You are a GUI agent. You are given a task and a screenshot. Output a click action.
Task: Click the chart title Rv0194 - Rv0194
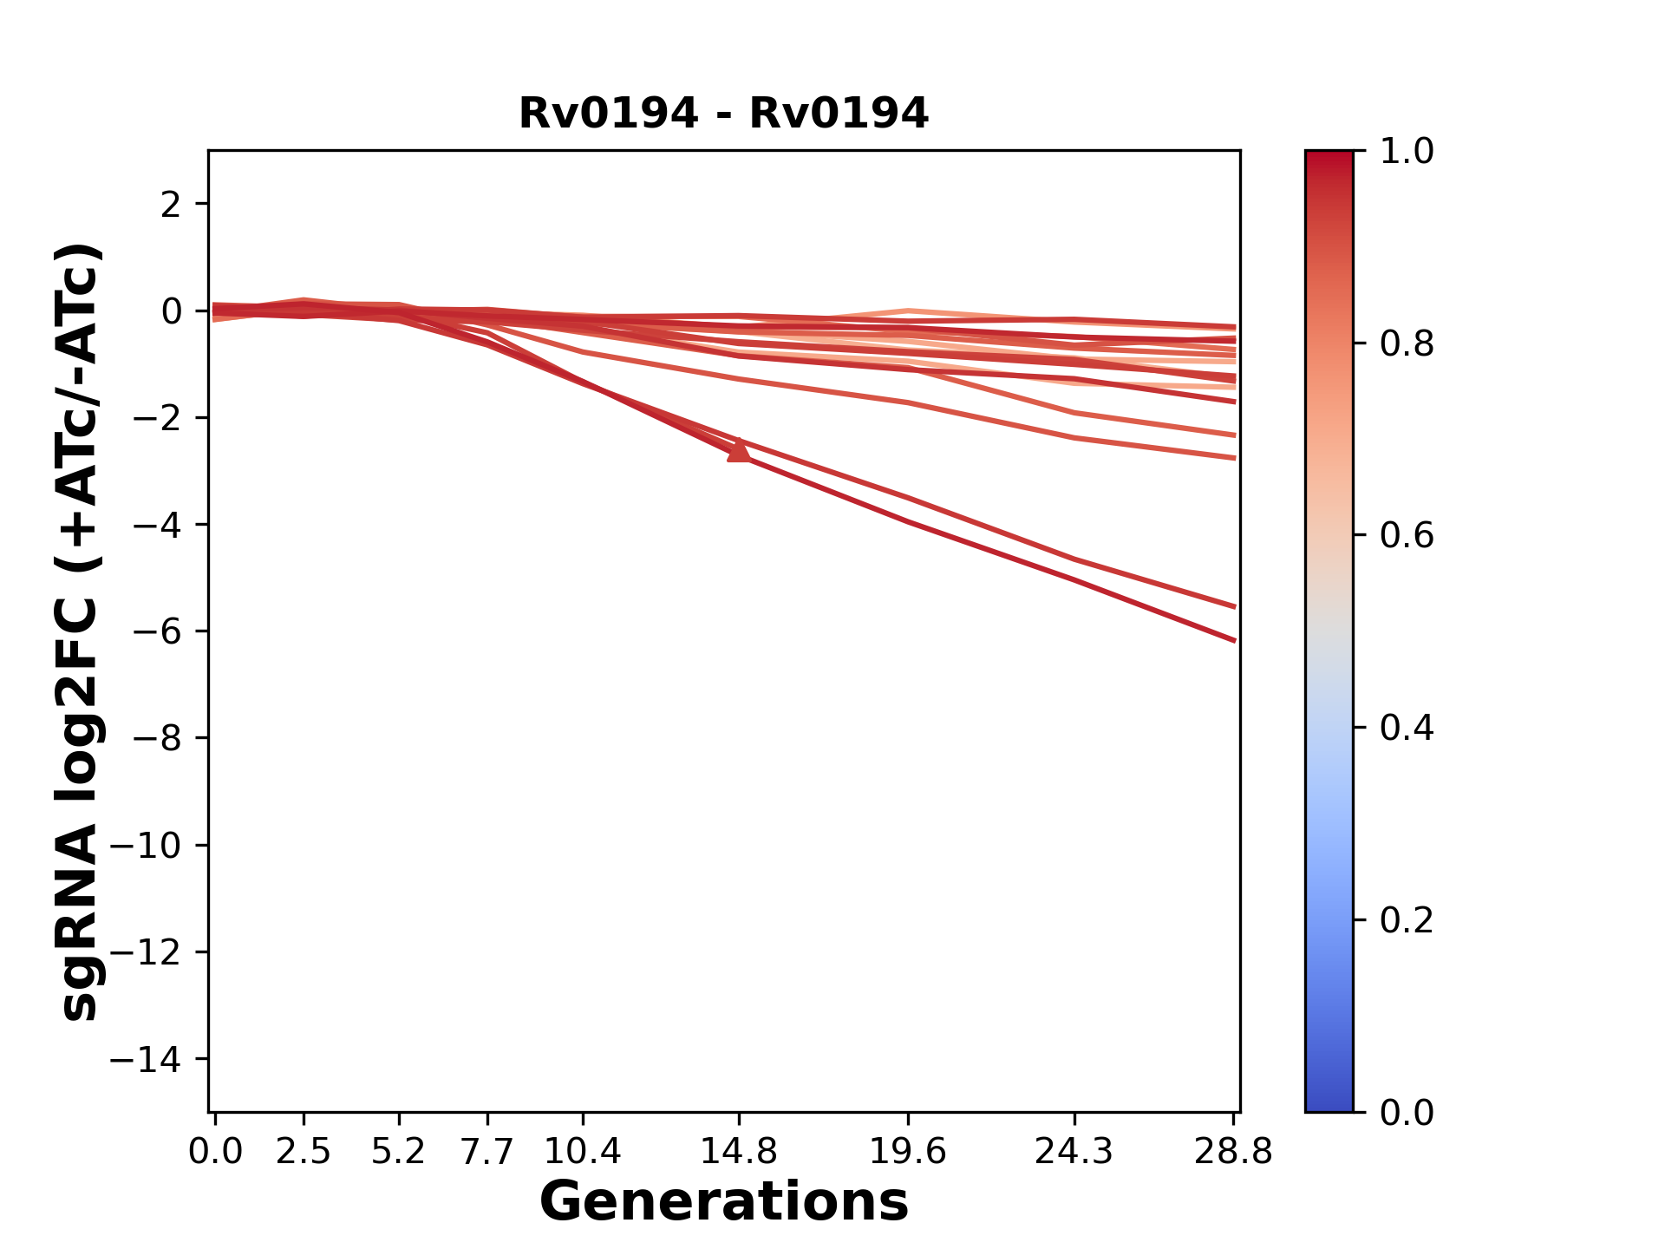(723, 114)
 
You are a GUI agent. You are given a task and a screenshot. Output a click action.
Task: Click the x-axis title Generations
(723, 1202)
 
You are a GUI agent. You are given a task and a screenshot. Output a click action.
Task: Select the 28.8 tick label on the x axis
(1233, 1151)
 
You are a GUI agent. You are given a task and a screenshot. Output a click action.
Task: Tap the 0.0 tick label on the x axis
(215, 1151)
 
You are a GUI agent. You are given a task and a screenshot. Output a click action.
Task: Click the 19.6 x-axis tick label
(907, 1151)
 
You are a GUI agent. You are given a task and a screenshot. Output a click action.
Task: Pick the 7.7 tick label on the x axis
(487, 1151)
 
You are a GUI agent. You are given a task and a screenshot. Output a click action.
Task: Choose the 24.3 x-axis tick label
(1074, 1151)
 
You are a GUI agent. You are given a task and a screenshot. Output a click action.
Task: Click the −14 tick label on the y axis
(145, 1059)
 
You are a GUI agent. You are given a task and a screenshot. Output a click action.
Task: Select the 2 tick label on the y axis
(171, 205)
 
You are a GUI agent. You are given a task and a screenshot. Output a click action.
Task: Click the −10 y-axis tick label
(145, 846)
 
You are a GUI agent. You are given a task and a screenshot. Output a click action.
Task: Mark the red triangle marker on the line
(739, 451)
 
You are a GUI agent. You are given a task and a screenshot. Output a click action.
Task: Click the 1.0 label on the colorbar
(1407, 152)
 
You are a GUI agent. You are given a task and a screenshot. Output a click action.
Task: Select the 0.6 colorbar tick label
(1407, 536)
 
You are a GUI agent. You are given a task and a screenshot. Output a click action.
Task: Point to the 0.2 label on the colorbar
(1407, 920)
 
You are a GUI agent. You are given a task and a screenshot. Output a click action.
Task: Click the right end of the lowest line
(1234, 640)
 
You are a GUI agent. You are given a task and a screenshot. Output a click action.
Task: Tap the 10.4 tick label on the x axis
(583, 1151)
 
